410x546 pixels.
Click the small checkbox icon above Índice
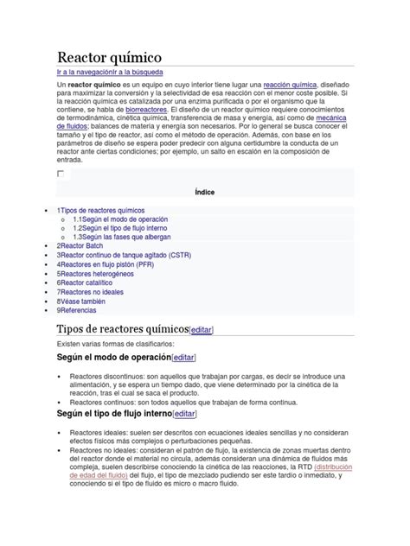coord(61,174)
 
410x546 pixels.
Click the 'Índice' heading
coord(205,192)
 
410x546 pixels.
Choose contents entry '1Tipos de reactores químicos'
coord(101,211)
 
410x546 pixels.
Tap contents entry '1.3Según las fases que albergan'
coord(122,238)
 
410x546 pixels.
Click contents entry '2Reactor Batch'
coord(80,246)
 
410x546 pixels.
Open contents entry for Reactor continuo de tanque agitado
coord(125,256)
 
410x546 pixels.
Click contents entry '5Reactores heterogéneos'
coord(97,274)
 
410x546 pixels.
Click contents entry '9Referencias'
coord(77,309)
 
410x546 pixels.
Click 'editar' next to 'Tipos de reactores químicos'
coord(202,330)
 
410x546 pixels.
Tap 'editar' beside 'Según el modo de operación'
coord(183,358)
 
